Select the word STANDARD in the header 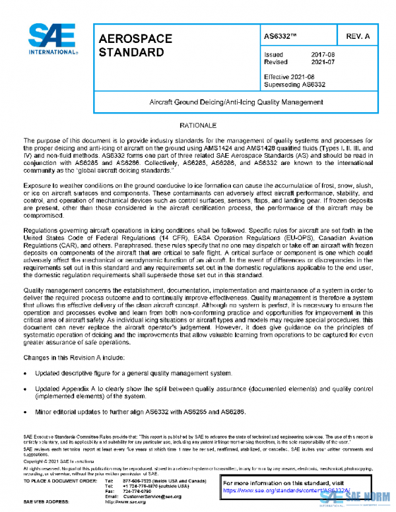130,51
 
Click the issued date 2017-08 322,55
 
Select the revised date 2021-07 322,63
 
